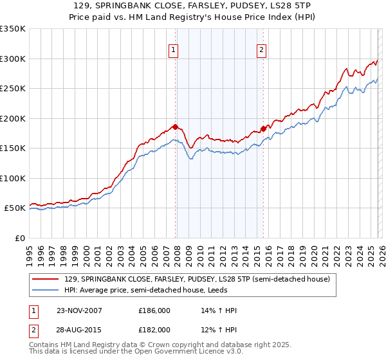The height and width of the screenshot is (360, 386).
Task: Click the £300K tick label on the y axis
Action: (x=13, y=59)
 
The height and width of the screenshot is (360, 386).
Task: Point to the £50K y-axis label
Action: (x=15, y=208)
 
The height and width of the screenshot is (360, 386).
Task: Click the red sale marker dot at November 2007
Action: (x=175, y=127)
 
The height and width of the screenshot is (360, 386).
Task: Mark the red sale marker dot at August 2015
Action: (x=263, y=129)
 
